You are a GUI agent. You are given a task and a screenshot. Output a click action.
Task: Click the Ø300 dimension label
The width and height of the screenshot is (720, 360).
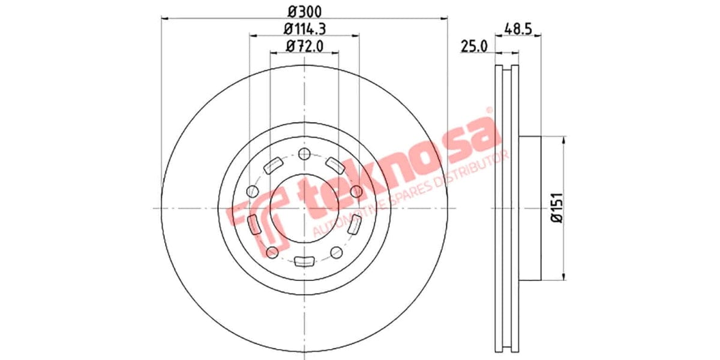(x=304, y=10)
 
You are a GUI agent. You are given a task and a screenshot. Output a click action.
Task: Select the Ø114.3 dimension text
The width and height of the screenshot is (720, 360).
(x=304, y=28)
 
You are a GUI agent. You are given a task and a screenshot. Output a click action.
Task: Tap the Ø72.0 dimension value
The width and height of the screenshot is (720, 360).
(x=304, y=45)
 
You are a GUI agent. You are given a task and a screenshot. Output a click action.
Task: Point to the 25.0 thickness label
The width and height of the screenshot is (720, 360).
(x=473, y=46)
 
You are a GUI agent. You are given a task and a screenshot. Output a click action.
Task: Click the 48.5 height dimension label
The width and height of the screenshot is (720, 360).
(x=519, y=28)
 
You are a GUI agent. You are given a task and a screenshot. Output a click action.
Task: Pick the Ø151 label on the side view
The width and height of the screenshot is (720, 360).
(x=557, y=208)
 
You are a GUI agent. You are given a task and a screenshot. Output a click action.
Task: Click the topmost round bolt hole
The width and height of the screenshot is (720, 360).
(x=304, y=153)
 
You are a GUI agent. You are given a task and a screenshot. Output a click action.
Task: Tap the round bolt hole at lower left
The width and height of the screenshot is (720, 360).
(x=272, y=251)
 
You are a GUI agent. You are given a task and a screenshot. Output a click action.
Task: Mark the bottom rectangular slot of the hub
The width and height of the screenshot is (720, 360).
(x=304, y=261)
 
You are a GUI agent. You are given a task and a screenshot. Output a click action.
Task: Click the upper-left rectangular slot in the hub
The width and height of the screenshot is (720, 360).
(x=275, y=163)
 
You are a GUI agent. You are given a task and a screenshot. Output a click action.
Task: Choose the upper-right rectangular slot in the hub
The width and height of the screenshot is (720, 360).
(x=334, y=163)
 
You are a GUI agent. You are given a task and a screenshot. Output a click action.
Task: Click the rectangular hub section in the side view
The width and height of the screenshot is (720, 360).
(x=530, y=208)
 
